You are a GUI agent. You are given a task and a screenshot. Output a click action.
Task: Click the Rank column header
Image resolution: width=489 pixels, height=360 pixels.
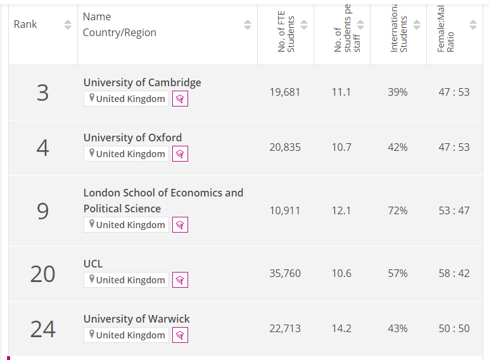pos(25,25)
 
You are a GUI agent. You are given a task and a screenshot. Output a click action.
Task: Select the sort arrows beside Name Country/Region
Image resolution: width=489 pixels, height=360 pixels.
pos(248,25)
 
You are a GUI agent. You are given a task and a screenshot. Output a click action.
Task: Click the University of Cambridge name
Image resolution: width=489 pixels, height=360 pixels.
pos(142,82)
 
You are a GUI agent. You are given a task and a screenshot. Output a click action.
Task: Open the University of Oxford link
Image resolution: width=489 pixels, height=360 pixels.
pos(132,138)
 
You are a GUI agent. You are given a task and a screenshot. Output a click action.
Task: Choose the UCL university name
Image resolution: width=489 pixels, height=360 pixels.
pos(92,264)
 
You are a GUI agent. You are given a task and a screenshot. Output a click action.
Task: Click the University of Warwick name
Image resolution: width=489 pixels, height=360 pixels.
pos(136,319)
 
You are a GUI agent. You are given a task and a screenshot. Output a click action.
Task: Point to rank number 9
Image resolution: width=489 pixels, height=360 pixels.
pos(42,210)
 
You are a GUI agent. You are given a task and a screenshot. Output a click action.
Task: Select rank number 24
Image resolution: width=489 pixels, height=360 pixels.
pos(42,329)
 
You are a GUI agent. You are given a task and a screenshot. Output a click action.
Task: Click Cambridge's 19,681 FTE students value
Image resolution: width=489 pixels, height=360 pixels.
pos(285,92)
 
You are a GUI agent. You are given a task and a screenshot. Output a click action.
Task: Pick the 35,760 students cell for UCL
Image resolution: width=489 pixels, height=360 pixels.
pos(285,274)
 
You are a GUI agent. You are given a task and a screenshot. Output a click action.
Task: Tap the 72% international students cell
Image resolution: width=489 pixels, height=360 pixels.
pos(398,210)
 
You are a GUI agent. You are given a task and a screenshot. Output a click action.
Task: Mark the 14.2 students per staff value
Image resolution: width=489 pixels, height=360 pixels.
pos(341,329)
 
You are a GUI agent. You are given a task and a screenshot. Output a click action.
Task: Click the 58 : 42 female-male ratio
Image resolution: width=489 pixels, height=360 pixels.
pos(454,274)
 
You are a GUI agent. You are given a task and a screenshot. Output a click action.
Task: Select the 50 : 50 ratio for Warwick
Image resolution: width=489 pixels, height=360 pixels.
pos(454,329)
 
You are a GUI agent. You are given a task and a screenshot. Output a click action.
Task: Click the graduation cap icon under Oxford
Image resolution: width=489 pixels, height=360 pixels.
pos(180,154)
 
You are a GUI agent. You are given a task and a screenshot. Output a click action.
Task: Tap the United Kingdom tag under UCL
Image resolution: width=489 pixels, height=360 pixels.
pos(127,280)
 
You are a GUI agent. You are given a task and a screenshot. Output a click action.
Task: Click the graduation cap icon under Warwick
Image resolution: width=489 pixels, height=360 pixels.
pos(180,335)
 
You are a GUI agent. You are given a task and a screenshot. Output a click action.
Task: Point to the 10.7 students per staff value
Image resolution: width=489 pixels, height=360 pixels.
pos(341,147)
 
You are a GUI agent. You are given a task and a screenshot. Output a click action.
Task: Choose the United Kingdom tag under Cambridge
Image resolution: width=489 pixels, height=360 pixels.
pos(127,99)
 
